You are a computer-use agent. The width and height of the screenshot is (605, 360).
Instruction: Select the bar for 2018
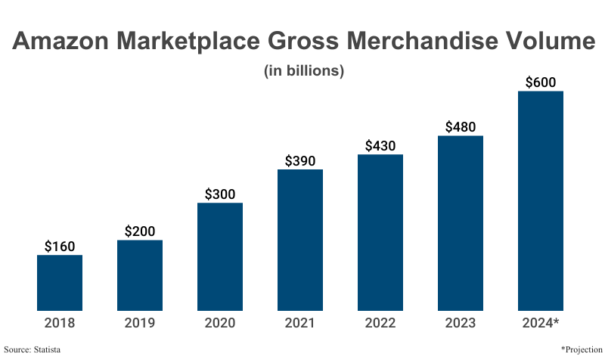pyautogui.click(x=60, y=283)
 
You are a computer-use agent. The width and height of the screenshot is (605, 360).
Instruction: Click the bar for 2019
pyautogui.click(x=140, y=275)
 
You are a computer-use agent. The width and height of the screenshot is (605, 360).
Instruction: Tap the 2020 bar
pyautogui.click(x=220, y=256)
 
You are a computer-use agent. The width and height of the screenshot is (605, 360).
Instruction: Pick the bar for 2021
pyautogui.click(x=300, y=240)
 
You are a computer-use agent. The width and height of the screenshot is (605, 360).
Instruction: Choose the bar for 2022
pyautogui.click(x=380, y=232)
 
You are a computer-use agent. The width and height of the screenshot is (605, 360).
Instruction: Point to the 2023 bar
pyautogui.click(x=461, y=223)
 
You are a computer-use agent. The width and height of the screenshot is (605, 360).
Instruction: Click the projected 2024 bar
pyautogui.click(x=541, y=200)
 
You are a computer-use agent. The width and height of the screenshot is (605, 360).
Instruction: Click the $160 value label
pyautogui.click(x=60, y=246)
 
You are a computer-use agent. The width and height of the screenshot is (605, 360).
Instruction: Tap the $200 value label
pyautogui.click(x=140, y=231)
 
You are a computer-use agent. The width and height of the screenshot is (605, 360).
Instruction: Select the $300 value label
pyautogui.click(x=220, y=194)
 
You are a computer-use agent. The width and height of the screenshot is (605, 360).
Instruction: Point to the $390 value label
pyautogui.click(x=300, y=160)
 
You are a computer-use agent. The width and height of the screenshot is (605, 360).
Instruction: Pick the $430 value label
pyautogui.click(x=380, y=145)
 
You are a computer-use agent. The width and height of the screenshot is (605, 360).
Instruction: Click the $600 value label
pyautogui.click(x=541, y=82)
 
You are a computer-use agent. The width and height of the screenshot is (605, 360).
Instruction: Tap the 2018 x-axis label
pyautogui.click(x=60, y=323)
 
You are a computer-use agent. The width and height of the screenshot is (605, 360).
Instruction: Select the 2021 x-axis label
pyautogui.click(x=300, y=323)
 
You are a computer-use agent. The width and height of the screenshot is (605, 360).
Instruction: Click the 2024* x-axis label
pyautogui.click(x=541, y=323)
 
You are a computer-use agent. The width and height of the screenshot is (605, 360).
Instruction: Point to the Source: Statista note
pyautogui.click(x=33, y=349)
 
